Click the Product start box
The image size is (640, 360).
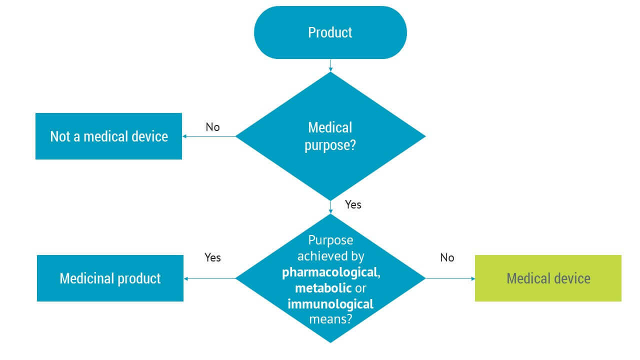(x=330, y=32)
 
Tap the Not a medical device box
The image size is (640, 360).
(x=108, y=136)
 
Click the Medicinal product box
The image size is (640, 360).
(x=110, y=278)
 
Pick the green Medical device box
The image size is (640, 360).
(x=548, y=278)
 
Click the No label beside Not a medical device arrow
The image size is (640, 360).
(x=212, y=127)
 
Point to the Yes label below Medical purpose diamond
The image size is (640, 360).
(x=353, y=204)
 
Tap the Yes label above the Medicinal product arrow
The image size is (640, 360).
(x=212, y=257)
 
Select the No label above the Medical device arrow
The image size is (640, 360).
(x=447, y=257)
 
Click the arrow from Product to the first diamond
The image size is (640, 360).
(x=330, y=65)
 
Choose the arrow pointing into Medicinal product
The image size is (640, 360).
(x=210, y=278)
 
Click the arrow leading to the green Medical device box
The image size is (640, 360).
(x=450, y=278)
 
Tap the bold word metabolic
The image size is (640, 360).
(x=323, y=288)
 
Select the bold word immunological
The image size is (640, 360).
(x=330, y=303)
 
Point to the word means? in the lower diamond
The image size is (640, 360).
(x=330, y=318)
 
